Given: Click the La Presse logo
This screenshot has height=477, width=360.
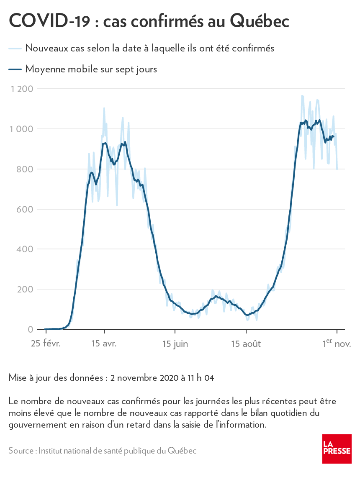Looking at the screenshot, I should [337, 449].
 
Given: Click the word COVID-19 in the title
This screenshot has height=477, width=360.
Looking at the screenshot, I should [49, 21].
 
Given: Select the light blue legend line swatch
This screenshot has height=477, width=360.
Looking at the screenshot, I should [15, 49].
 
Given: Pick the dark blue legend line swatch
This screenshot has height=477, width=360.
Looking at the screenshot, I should [15, 69].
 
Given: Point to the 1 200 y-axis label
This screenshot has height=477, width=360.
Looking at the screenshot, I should [22, 89].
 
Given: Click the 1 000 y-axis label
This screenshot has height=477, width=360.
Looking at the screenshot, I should [22, 129].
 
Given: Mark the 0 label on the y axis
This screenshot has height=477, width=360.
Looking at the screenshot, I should [30, 330].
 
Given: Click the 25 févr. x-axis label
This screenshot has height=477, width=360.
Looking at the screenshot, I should [46, 344].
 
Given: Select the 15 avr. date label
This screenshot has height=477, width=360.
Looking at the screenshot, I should [104, 344].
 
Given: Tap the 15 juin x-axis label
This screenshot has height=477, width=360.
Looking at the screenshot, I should [175, 344].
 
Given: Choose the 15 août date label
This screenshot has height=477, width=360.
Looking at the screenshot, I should [246, 344].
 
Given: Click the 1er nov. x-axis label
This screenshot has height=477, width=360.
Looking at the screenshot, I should [337, 344].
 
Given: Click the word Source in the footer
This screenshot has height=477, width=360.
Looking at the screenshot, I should [21, 451].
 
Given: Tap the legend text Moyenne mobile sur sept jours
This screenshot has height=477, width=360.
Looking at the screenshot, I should [91, 69].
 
